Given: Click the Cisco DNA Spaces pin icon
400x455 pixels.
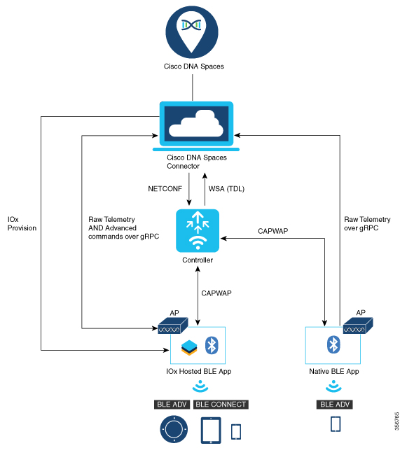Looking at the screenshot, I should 192,29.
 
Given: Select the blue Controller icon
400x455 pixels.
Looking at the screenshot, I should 198,230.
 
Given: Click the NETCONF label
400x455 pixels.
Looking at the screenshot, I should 165,188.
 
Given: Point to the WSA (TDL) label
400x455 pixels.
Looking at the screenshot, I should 227,188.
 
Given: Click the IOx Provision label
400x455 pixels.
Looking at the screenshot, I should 22,223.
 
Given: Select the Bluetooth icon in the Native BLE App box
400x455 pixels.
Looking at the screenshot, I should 334,344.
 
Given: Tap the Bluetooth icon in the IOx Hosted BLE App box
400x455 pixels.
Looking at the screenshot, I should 212,344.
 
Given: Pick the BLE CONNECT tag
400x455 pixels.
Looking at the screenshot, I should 221,405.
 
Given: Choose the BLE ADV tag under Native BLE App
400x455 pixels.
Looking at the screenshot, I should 335,405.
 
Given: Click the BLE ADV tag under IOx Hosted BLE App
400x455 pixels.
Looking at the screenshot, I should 172,405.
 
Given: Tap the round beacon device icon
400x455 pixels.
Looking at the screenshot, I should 174,428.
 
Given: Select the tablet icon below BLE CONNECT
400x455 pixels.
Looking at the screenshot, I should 212,430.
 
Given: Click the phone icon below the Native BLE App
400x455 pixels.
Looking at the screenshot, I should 336,424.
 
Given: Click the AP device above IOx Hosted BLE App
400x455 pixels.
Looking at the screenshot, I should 172,325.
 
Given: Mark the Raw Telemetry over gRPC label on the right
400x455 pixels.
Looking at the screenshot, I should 367,223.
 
